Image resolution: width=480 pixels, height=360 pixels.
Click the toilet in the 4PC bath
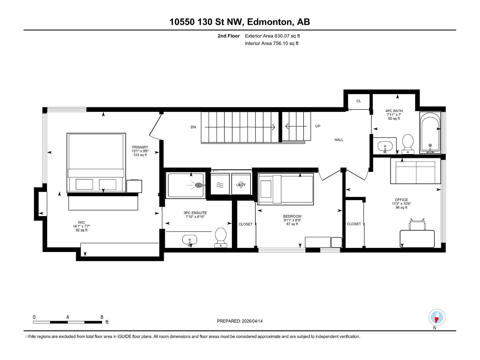pos(408,144)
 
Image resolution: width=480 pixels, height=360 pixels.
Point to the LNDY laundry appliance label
pos(241,184)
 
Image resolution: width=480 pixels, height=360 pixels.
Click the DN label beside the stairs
pos(193,127)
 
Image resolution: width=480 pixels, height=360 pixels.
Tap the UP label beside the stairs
pos(318,126)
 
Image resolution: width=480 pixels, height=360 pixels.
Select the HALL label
pos(339,139)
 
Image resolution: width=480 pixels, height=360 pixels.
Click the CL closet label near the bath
pos(358,101)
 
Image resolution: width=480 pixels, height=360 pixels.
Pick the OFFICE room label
pos(401,200)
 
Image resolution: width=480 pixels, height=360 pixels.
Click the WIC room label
pos(81,223)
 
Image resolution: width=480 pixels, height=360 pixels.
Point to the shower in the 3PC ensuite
pos(186,185)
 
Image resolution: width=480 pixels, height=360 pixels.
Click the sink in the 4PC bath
pos(385,147)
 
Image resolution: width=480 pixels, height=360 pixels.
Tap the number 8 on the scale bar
pos(102,317)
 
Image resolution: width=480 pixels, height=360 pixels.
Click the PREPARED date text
pos(240,321)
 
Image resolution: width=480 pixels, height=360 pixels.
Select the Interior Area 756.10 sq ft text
pos(271,43)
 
